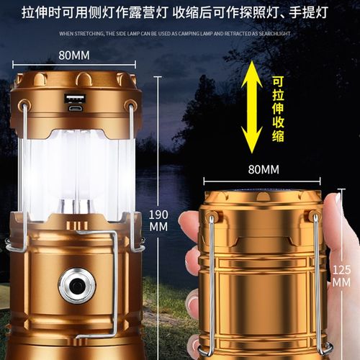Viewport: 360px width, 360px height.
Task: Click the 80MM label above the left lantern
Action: coord(75,55)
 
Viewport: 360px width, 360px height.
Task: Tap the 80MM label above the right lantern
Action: coord(263,171)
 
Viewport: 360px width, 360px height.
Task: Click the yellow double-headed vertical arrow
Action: coord(253,107)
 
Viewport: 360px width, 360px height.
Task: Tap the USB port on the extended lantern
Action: coord(75,99)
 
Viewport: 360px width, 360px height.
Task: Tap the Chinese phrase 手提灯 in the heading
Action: coord(318,13)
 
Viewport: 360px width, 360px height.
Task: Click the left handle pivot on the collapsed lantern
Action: coord(212,216)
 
